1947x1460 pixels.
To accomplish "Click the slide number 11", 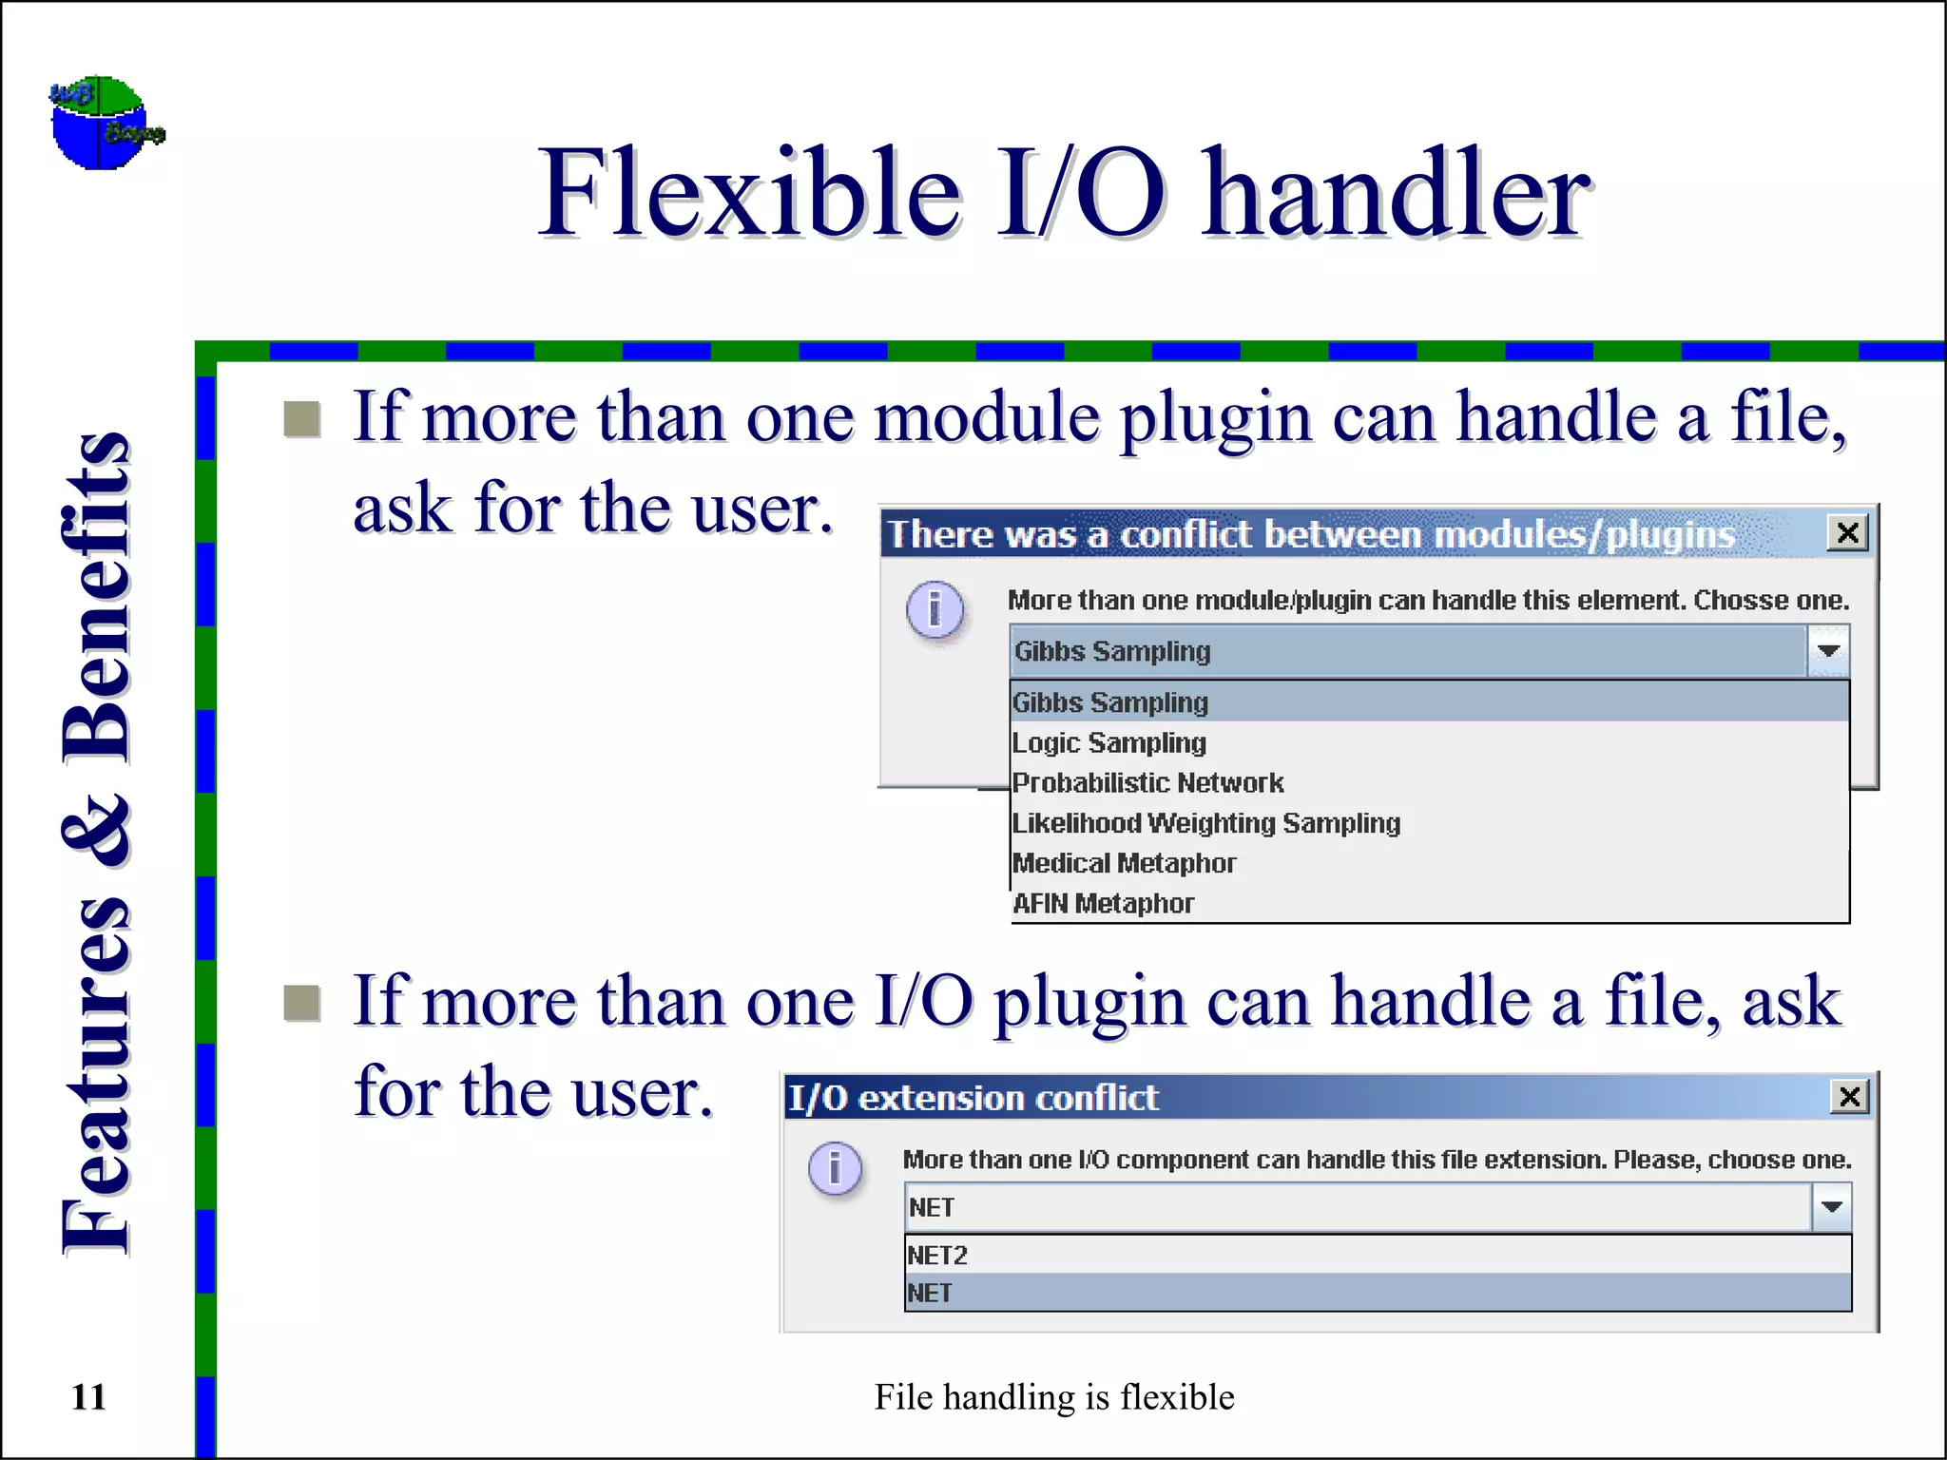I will click(x=88, y=1397).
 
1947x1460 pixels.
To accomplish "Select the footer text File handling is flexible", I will click(x=1053, y=1397).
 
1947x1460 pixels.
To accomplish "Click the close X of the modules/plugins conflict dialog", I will click(x=1847, y=533).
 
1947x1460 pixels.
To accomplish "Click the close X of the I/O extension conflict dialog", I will click(x=1849, y=1097).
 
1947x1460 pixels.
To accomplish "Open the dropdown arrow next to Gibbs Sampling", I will click(x=1828, y=651).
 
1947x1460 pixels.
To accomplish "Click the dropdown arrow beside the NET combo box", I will click(x=1832, y=1207).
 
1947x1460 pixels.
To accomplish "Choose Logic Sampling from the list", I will click(x=1108, y=742).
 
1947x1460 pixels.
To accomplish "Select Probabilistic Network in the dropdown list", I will click(x=1147, y=782).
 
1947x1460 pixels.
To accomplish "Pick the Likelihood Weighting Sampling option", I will click(x=1205, y=823).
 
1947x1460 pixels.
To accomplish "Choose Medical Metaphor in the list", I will click(x=1124, y=863).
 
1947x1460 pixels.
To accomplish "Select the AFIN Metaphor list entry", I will click(x=1103, y=903).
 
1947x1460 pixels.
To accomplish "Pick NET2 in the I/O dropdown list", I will click(x=937, y=1255).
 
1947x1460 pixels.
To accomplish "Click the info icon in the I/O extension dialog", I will click(x=835, y=1167).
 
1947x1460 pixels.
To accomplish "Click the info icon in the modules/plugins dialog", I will click(x=935, y=609).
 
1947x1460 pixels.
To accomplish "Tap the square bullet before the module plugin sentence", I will click(x=302, y=419).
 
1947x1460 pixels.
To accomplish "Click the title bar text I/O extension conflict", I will click(x=973, y=1098).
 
